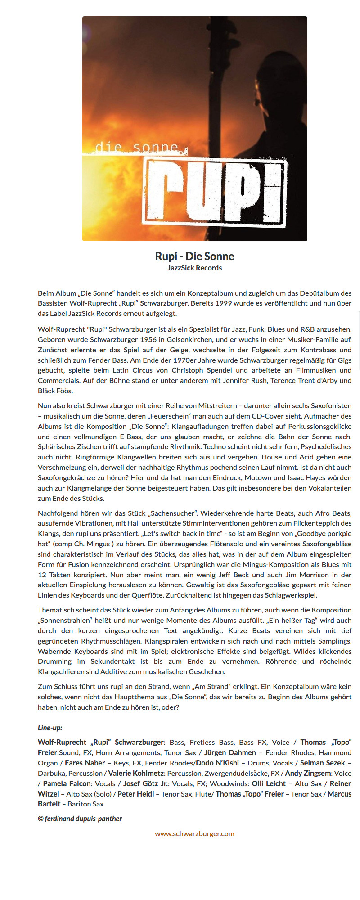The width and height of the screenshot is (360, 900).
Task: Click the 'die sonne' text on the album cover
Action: click(x=137, y=147)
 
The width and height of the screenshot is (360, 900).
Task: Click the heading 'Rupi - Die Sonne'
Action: click(x=194, y=256)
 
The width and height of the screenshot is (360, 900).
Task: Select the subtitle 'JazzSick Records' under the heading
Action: click(x=194, y=268)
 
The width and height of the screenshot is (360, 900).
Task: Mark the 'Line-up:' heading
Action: click(x=50, y=728)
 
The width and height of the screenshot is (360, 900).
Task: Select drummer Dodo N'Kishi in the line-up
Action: click(x=217, y=763)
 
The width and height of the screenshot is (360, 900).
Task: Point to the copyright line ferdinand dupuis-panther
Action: click(x=80, y=819)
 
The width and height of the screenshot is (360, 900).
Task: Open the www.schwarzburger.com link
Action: click(x=194, y=833)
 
